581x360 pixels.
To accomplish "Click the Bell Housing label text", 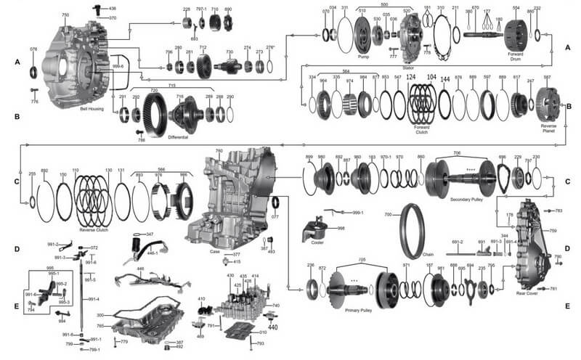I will tap(91, 109).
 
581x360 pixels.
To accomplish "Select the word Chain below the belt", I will tap(427, 255).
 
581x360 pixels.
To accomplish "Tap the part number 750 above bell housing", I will tap(65, 15).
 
